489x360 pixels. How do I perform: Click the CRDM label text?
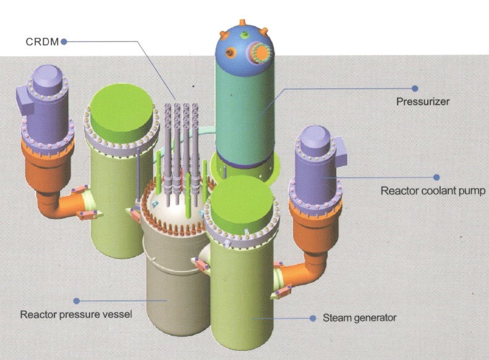point(41,41)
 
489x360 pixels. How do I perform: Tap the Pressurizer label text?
point(422,101)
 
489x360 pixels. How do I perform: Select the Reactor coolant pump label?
point(433,191)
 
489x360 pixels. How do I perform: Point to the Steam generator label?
point(359,318)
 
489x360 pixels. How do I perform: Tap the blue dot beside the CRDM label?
point(64,41)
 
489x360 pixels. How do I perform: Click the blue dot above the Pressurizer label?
point(415,88)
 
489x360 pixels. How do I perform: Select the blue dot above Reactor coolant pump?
point(436,178)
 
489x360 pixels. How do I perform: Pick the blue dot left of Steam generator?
point(313,318)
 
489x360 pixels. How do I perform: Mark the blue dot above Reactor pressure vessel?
point(76,301)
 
